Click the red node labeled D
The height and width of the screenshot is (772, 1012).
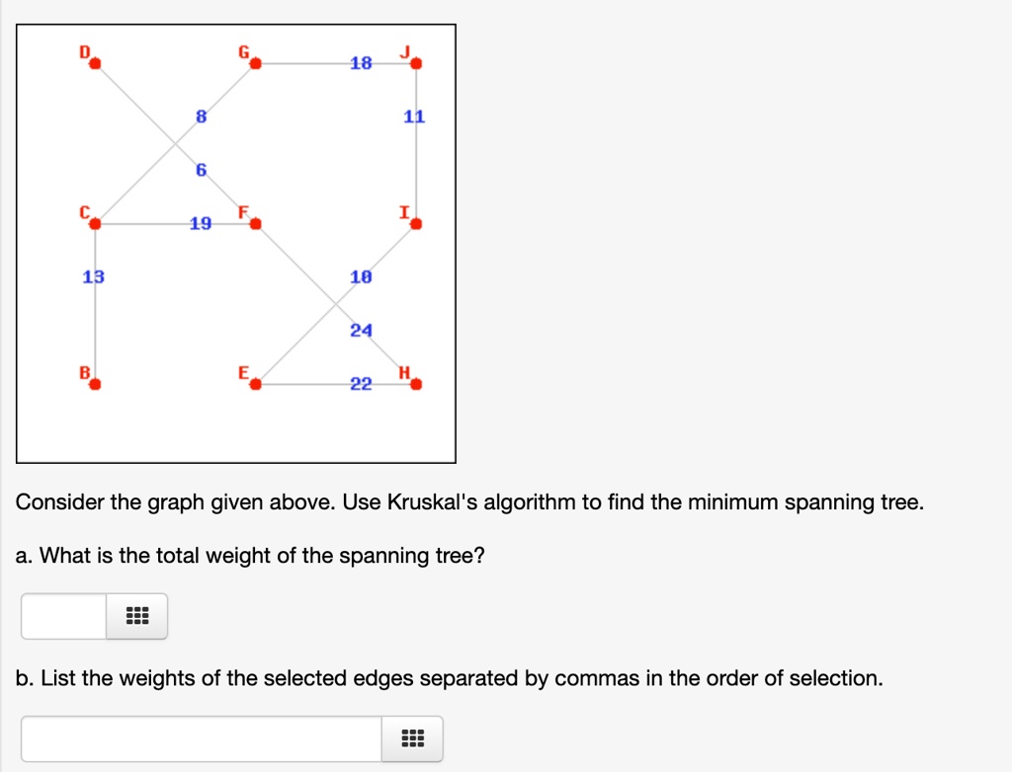pos(95,63)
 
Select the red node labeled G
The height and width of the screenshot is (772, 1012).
pos(256,63)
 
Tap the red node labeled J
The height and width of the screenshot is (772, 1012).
pos(416,63)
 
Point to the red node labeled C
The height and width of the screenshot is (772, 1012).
pos(95,224)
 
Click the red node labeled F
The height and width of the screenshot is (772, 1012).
pos(256,224)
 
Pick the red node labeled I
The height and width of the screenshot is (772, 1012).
pos(416,224)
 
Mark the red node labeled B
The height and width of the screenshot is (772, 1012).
pos(95,384)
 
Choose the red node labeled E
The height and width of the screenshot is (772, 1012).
pos(256,384)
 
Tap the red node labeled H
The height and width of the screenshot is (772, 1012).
pos(416,384)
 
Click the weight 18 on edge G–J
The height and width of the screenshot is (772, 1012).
pos(362,63)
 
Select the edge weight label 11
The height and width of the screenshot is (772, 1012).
pos(414,116)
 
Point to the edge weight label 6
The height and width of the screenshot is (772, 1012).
pos(202,170)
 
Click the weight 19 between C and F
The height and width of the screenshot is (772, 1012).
pos(201,224)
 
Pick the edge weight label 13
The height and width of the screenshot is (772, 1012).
pos(94,277)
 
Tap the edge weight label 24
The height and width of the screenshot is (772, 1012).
pos(362,331)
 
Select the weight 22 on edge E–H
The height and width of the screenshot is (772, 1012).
pos(362,384)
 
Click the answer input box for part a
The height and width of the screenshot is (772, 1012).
pos(64,617)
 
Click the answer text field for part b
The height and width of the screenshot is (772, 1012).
pos(202,739)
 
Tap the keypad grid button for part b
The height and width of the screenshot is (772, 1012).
pos(412,739)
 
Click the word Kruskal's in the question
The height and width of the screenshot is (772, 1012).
pos(433,502)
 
